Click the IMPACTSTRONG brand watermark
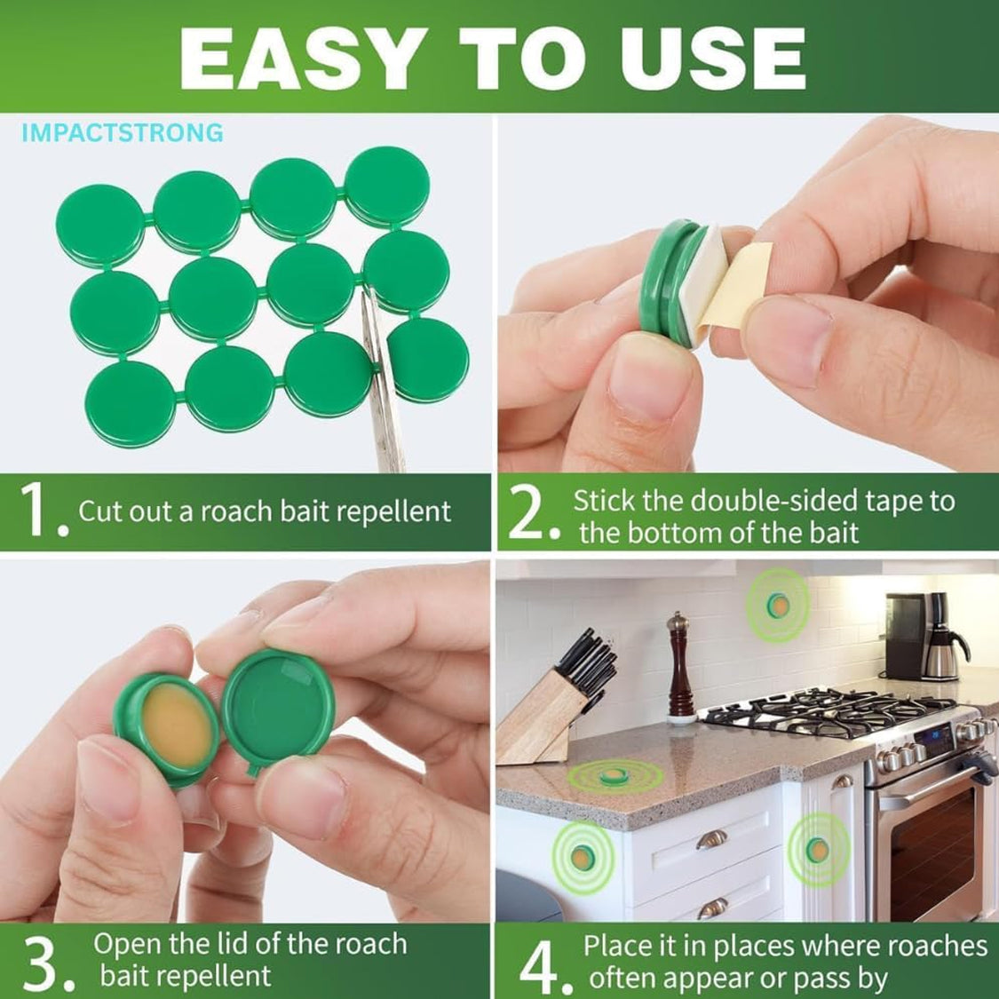click(123, 132)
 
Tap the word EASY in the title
click(304, 59)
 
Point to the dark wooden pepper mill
click(680, 669)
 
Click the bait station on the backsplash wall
click(778, 605)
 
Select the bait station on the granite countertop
click(614, 776)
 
